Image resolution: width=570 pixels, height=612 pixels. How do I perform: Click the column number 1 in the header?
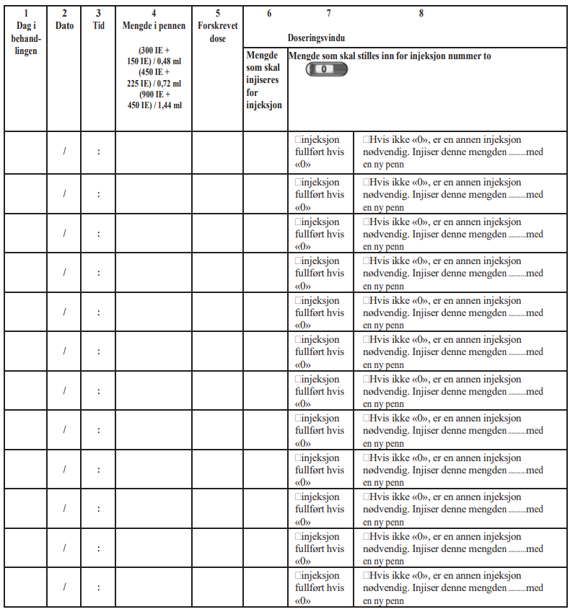click(25, 13)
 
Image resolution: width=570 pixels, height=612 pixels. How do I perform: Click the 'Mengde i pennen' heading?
click(154, 26)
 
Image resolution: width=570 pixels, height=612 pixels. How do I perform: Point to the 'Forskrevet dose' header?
click(217, 32)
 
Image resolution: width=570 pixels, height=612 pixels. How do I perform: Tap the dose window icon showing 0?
click(326, 69)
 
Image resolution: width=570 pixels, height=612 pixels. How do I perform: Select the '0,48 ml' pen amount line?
click(154, 61)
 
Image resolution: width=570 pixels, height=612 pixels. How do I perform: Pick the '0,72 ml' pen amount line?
click(154, 83)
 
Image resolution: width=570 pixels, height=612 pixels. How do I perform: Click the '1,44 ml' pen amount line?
click(154, 105)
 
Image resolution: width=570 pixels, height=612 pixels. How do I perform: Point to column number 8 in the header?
click(421, 13)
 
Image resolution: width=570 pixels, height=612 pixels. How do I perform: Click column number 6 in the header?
click(269, 13)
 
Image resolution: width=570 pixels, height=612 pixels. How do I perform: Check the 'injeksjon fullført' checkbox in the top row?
click(298, 140)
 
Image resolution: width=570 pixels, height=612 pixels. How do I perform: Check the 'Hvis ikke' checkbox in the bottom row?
click(367, 576)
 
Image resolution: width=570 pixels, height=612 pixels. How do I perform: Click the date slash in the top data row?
click(64, 152)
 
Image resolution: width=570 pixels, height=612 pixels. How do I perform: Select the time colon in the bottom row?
click(98, 587)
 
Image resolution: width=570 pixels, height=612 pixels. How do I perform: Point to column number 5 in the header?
click(217, 13)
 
